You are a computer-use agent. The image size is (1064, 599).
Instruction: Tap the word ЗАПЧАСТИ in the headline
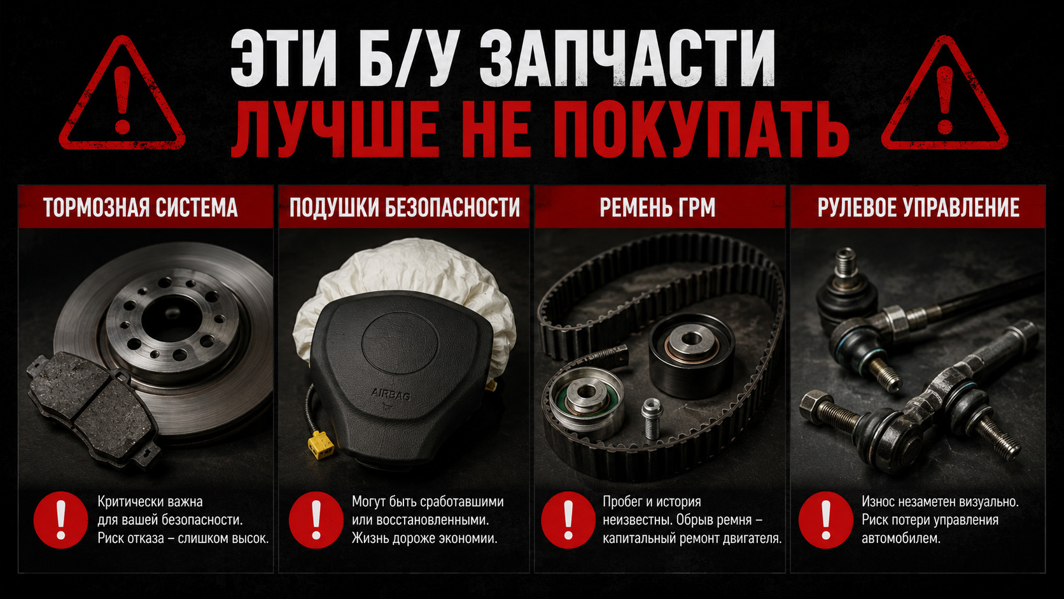(627, 59)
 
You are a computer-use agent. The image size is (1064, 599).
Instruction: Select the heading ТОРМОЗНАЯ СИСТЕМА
(141, 208)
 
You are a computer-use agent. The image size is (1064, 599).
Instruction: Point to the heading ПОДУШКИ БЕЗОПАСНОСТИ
(405, 208)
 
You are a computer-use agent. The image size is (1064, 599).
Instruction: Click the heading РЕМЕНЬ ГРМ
(657, 208)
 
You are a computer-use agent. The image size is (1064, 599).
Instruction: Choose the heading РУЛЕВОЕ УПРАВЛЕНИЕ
(919, 208)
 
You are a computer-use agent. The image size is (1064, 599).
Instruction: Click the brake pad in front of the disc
(94, 409)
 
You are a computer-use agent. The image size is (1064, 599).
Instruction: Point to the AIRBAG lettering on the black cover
(391, 394)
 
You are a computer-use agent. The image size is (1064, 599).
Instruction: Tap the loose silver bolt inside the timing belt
(652, 418)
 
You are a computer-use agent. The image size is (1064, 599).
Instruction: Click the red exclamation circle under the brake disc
(61, 520)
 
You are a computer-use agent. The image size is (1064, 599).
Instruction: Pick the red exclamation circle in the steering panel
(826, 520)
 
